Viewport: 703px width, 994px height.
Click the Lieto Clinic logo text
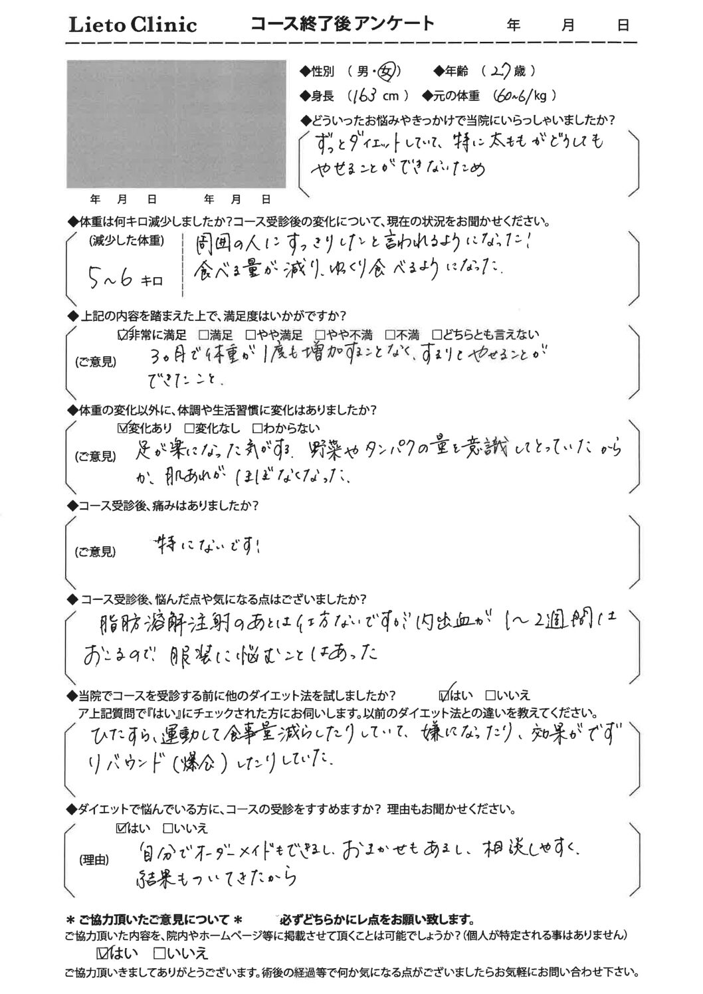(134, 25)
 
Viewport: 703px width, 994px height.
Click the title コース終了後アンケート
(342, 25)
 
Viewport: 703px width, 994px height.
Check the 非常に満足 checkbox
(122, 335)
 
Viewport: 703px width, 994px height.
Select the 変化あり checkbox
(122, 428)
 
